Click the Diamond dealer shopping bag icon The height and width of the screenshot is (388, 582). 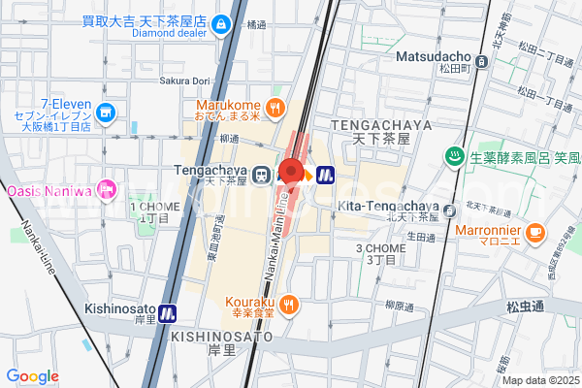tap(221, 21)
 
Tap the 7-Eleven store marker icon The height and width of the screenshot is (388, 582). tap(107, 113)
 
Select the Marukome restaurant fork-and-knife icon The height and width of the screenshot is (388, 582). tap(276, 107)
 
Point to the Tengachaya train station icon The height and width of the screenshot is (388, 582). tap(260, 175)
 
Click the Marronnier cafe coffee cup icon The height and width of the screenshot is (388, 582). tap(535, 232)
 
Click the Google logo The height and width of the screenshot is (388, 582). tap(32, 376)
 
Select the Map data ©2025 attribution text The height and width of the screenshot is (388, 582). tap(538, 379)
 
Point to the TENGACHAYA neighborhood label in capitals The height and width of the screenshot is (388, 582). tap(373, 125)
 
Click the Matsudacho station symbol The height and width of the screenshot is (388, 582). tap(483, 60)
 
